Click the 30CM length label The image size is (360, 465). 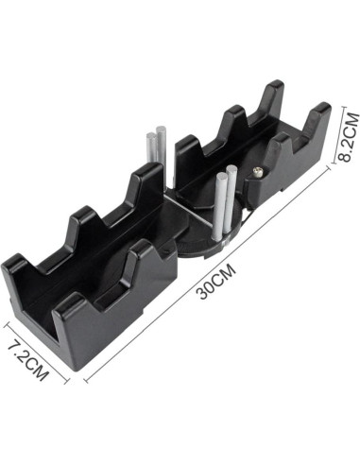215,282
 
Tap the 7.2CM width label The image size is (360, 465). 28,361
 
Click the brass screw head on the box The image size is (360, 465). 258,172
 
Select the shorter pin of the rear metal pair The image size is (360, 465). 151,148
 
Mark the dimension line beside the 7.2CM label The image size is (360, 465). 36,353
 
